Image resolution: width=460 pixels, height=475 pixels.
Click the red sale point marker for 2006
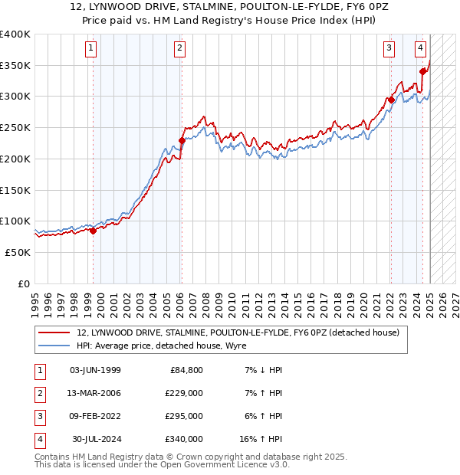pos(182,140)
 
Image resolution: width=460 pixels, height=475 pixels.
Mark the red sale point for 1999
pos(93,231)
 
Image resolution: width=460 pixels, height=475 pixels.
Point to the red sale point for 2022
pos(391,99)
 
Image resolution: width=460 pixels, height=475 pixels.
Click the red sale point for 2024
pos(423,71)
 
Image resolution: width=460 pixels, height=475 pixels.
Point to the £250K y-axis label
pos(15,128)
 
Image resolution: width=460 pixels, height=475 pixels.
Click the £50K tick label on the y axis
pos(18,252)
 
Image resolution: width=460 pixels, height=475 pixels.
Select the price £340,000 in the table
pos(184,439)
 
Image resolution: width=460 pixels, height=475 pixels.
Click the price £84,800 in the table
pos(186,370)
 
